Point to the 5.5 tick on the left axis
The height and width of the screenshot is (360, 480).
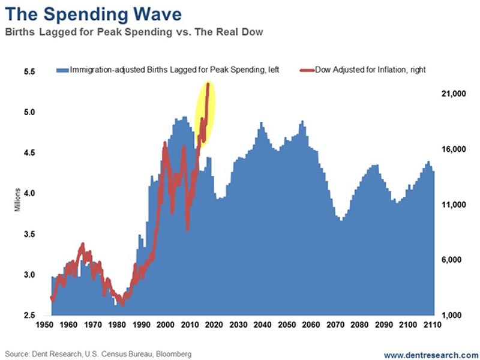pyautogui.click(x=29, y=71)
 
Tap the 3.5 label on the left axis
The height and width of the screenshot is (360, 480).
pyautogui.click(x=29, y=234)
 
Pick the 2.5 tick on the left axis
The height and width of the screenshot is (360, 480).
pyautogui.click(x=29, y=316)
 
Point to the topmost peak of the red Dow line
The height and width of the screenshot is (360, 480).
pyautogui.click(x=208, y=84)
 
